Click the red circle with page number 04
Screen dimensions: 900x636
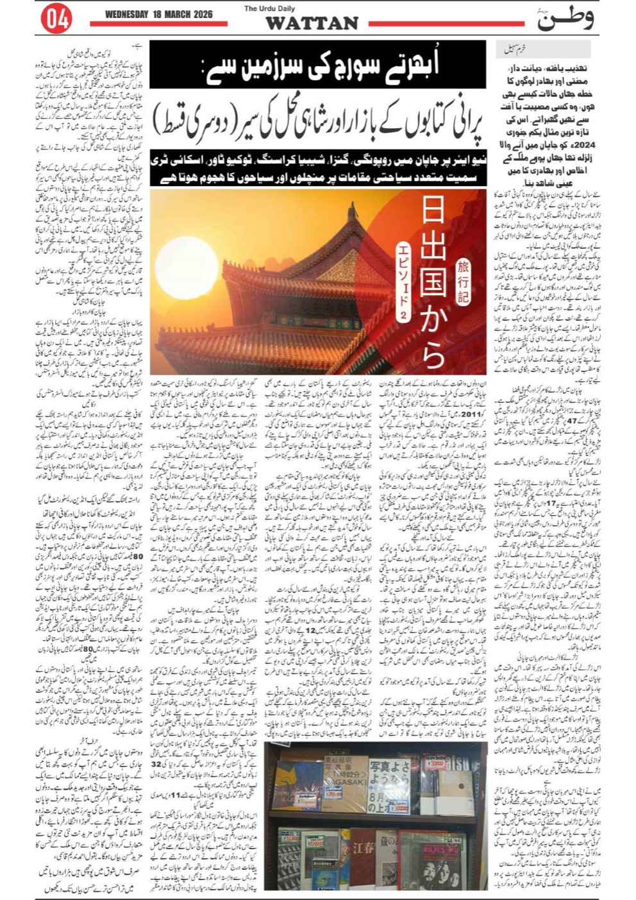click(56, 19)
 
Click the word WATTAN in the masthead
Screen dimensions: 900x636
click(312, 24)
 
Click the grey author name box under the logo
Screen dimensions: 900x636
click(542, 49)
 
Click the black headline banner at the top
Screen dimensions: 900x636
click(317, 65)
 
